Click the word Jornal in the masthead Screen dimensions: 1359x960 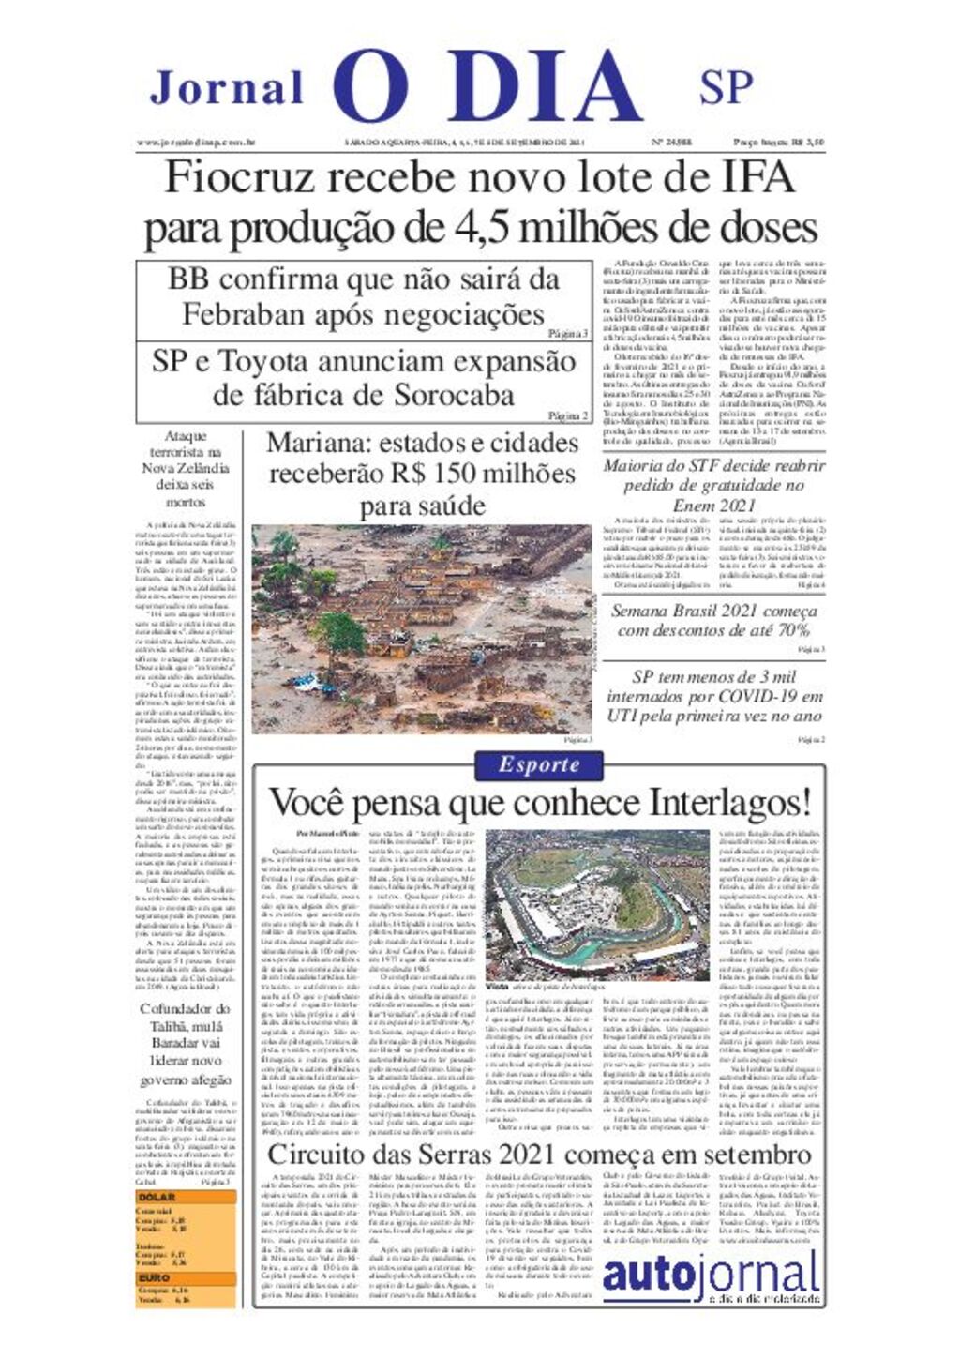click(x=227, y=88)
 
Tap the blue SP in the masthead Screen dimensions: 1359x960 click(x=726, y=87)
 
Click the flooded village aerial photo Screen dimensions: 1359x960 click(x=421, y=628)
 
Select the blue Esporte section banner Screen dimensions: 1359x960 click(x=539, y=764)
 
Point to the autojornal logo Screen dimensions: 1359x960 click(x=710, y=1276)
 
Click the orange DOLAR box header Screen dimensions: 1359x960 click(x=157, y=1198)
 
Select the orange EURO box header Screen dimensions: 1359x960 click(x=155, y=1277)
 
